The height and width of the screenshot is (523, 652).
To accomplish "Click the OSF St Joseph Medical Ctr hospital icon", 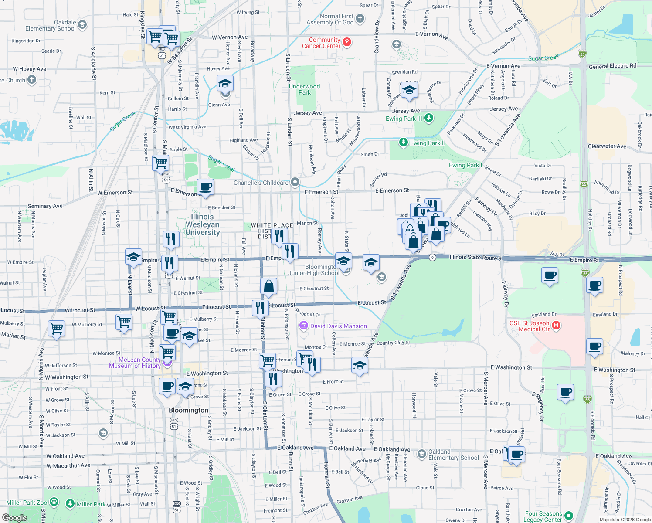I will [x=556, y=325].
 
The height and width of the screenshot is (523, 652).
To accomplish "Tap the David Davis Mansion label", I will [x=338, y=326].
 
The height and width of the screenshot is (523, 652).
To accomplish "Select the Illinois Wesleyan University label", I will [x=203, y=224].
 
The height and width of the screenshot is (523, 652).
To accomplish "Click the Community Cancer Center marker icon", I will [x=347, y=42].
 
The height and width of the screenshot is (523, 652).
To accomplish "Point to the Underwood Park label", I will [x=305, y=89].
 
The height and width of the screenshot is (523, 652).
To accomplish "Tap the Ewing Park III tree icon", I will [x=429, y=118].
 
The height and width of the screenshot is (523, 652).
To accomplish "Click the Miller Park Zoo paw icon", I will [x=54, y=502].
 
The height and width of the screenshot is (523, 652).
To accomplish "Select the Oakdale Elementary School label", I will [x=51, y=25].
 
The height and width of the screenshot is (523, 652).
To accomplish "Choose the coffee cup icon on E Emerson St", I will [x=206, y=187].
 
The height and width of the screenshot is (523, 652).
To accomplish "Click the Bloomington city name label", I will [x=188, y=410].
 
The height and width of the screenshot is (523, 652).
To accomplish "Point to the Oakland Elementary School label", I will [x=453, y=455].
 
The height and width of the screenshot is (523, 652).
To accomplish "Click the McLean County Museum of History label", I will [x=135, y=363].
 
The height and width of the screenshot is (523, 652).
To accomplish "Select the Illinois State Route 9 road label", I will [x=475, y=257].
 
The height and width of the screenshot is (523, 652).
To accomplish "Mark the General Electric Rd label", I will [x=612, y=66].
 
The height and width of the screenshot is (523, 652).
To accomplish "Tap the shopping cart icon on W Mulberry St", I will [x=57, y=328].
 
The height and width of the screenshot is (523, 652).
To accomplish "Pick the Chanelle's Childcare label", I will [x=261, y=183].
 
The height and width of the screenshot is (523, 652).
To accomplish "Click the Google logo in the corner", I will [x=15, y=517].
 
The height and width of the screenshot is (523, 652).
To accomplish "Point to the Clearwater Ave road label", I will [x=607, y=146].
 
